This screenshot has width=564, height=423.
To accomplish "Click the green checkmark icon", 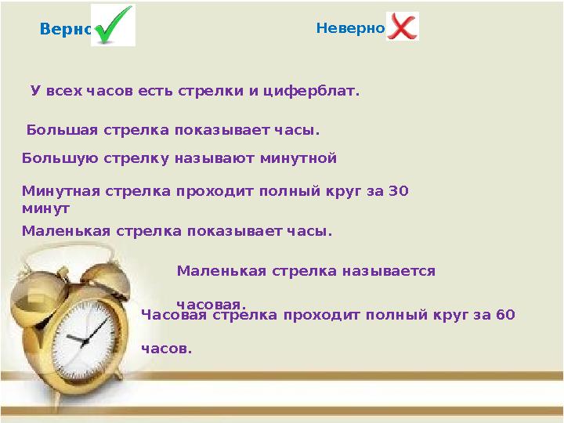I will [114, 25].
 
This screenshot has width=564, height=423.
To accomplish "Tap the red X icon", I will [403, 27].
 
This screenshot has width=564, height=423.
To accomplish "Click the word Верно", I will [66, 30].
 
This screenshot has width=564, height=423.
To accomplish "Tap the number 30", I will [399, 190].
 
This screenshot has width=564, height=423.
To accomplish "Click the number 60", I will [506, 315].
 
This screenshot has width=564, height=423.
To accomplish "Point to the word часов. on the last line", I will [166, 349].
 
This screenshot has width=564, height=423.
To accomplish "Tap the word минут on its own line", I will [45, 208].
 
